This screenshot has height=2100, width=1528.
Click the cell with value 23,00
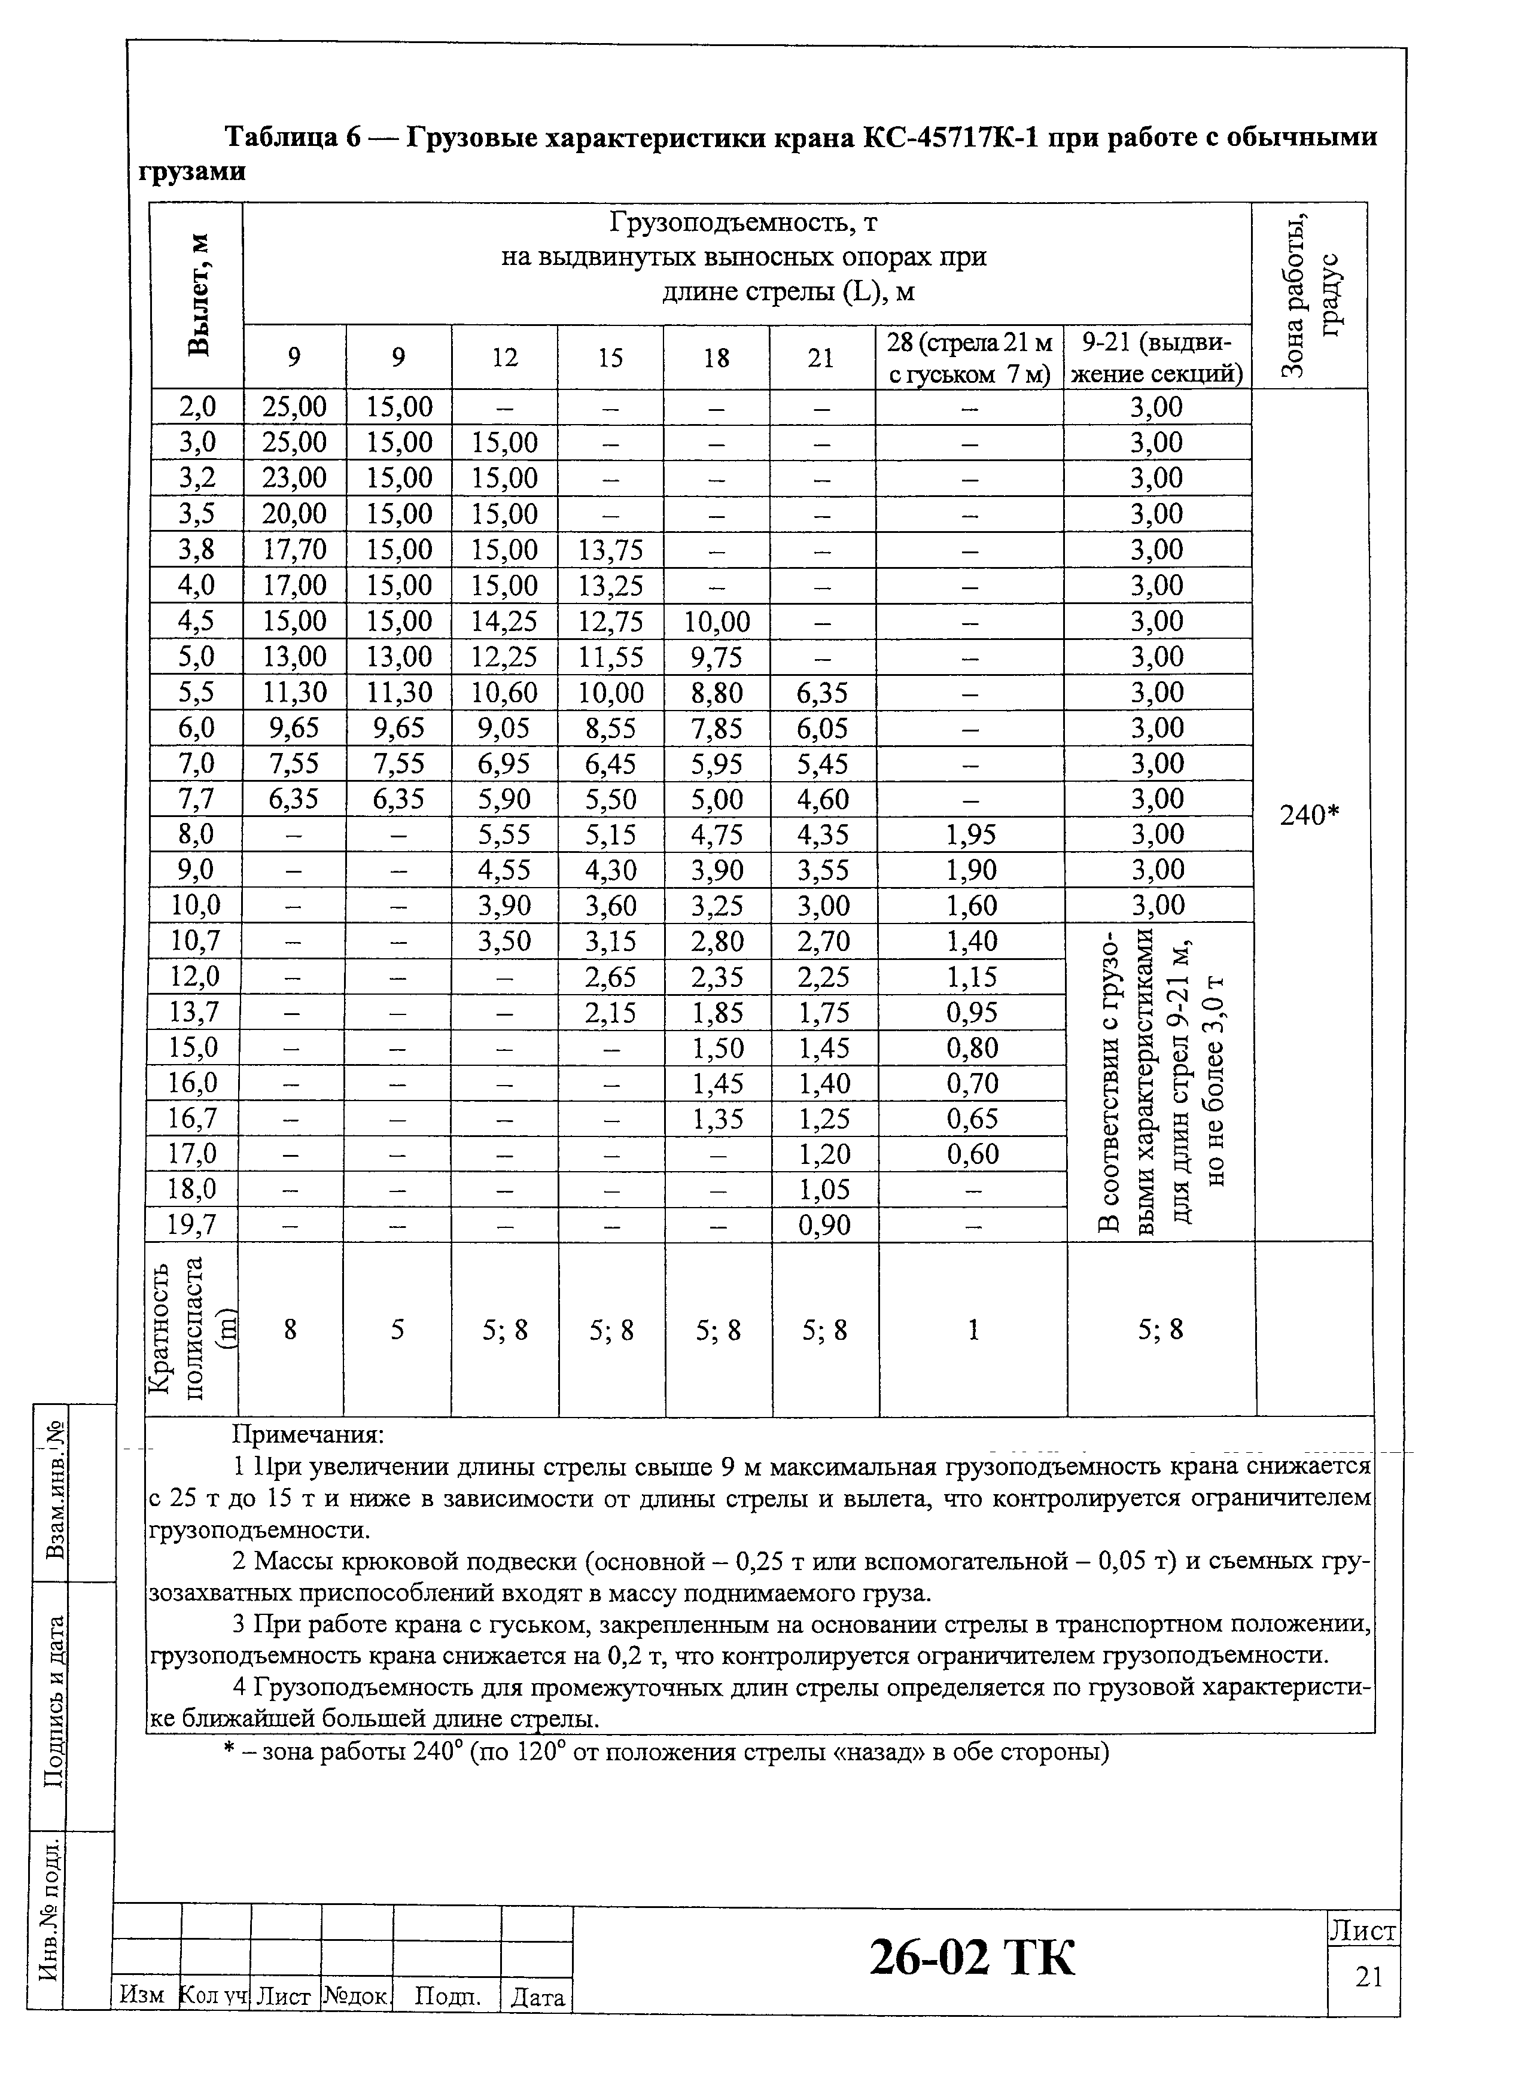(294, 478)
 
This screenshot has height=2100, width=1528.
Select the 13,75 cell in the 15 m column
(610, 550)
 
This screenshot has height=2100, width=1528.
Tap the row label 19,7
(191, 1225)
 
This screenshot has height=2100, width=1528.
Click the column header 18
(716, 358)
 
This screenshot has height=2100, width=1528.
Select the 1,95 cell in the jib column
(970, 834)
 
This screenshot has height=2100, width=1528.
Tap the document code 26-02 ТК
(972, 1958)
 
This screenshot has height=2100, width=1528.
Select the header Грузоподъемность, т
(744, 223)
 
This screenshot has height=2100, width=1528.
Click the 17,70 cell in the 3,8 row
(294, 550)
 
